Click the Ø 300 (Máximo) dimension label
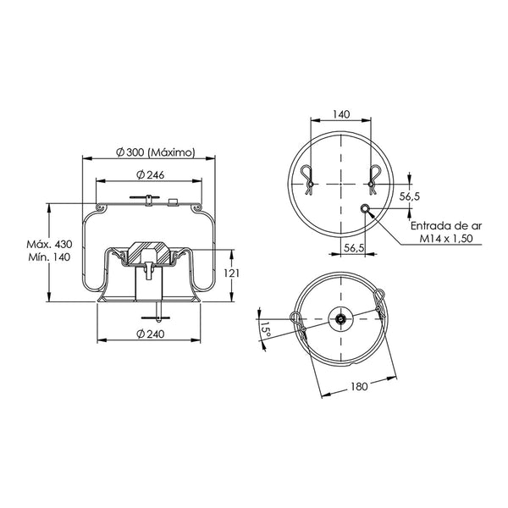[x=156, y=152]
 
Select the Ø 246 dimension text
[x=151, y=174]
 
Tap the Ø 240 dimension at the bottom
[x=151, y=334]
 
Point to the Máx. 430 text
[x=49, y=244]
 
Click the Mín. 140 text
[x=49, y=257]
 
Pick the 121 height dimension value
[x=232, y=273]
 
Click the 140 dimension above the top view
[x=341, y=114]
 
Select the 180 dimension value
[x=359, y=386]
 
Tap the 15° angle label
[x=265, y=329]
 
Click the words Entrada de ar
[x=446, y=226]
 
